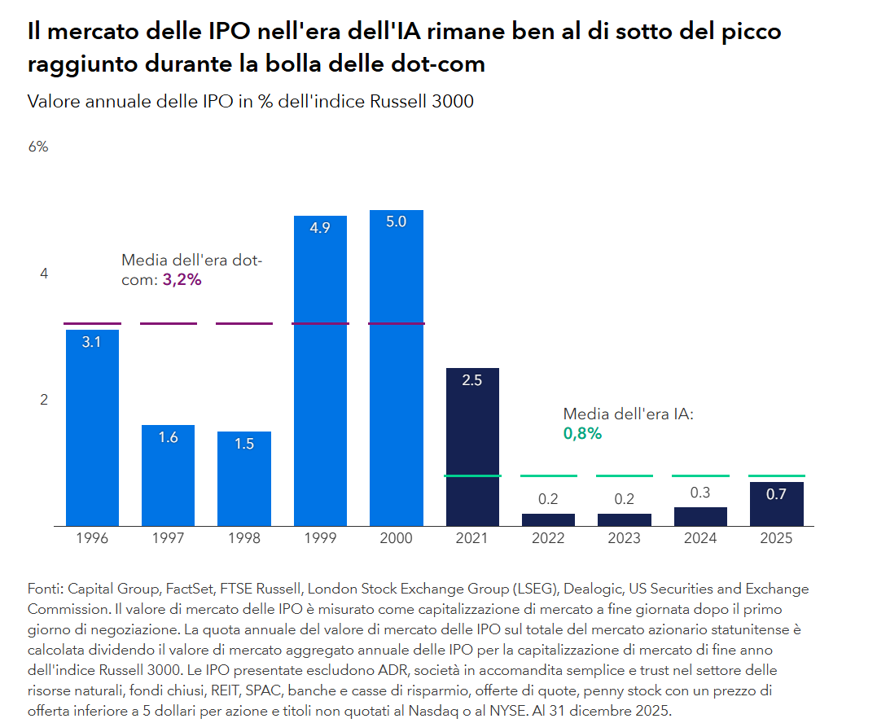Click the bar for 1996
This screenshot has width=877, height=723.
coord(92,427)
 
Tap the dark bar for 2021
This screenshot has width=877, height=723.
coord(472,447)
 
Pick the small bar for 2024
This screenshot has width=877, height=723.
coord(700,517)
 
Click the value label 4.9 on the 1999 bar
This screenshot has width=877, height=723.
coord(320,228)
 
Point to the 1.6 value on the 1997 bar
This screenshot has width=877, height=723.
coord(168,437)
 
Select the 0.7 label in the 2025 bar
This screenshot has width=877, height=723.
coord(776,494)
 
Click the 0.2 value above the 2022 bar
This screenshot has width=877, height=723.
coord(548,499)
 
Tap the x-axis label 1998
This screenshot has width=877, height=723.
coord(244,538)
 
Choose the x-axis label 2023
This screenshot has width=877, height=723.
coord(625,538)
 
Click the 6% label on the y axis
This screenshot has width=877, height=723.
coord(38,147)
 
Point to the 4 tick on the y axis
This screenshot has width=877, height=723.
coord(44,274)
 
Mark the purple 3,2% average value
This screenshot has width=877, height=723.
coord(182,279)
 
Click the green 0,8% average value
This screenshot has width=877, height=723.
coord(582,433)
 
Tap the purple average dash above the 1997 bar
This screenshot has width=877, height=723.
coord(168,323)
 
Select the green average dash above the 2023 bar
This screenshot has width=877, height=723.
coord(625,475)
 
